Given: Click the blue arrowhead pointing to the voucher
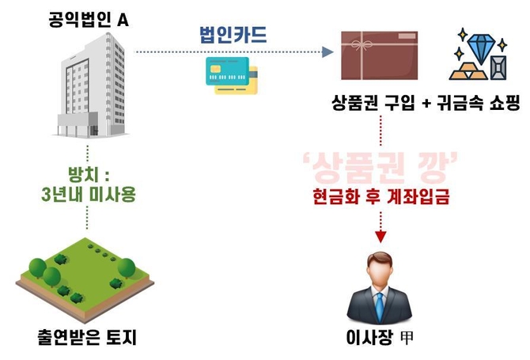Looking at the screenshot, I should point(326,52).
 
